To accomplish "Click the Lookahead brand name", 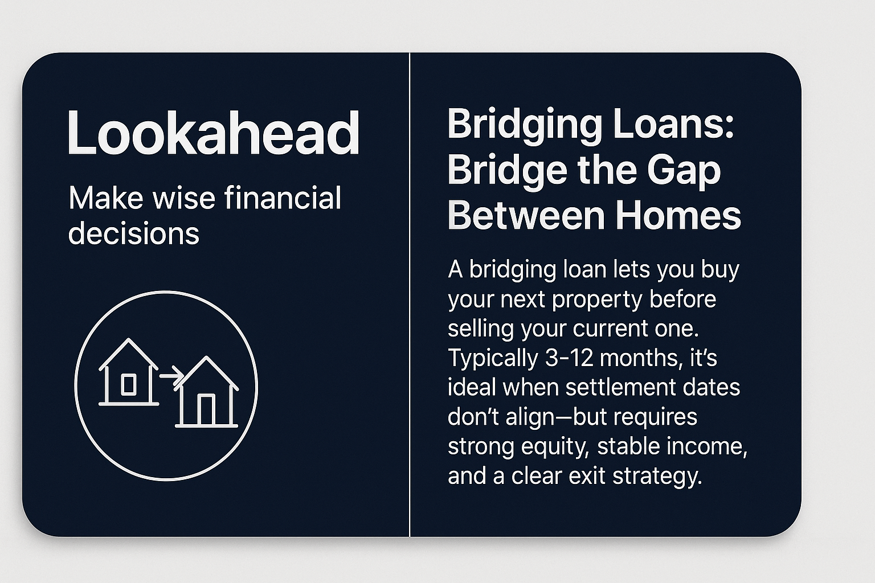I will point(213,133).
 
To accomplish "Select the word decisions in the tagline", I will point(134,233).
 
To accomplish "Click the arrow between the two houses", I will point(170,376).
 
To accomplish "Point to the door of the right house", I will point(206,409).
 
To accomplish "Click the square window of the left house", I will point(129,385).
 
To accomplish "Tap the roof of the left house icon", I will point(129,353).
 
